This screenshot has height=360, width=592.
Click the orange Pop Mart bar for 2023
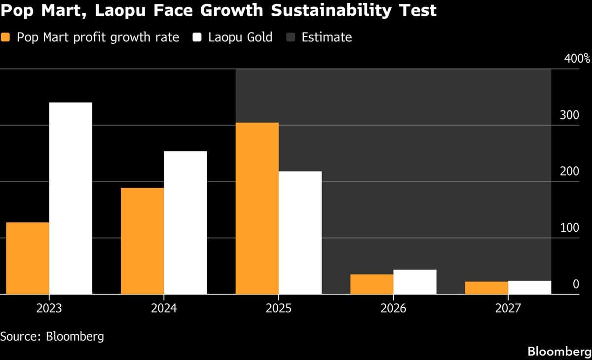pyautogui.click(x=28, y=258)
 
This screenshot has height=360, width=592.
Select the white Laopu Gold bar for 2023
pyautogui.click(x=71, y=198)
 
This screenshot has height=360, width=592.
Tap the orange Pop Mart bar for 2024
pyautogui.click(x=142, y=241)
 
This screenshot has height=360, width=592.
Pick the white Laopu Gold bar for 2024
pyautogui.click(x=185, y=222)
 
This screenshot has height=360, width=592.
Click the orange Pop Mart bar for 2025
pyautogui.click(x=257, y=208)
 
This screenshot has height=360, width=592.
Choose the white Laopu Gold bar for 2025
pyautogui.click(x=300, y=233)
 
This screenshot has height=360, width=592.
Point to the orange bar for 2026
pyautogui.click(x=371, y=284)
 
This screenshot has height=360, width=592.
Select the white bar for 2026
pyautogui.click(x=414, y=282)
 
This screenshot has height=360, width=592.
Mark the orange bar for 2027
pyautogui.click(x=486, y=288)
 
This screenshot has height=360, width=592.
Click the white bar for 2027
pyautogui.click(x=529, y=288)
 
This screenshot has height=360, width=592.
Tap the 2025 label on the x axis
pyautogui.click(x=278, y=309)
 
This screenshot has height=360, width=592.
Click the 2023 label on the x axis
pyautogui.click(x=49, y=309)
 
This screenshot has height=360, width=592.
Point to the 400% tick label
pyautogui.click(x=576, y=59)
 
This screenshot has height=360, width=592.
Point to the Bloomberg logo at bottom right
pyautogui.click(x=559, y=351)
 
